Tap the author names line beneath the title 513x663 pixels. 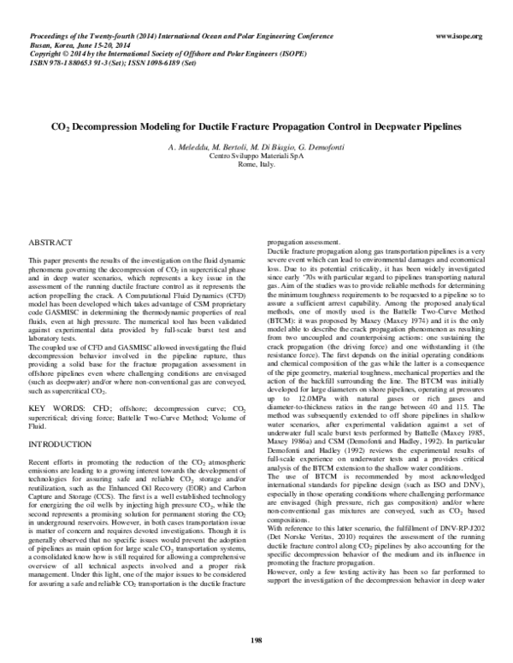256,148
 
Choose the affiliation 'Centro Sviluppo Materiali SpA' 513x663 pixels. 256,156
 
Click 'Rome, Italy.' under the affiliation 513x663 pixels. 256,165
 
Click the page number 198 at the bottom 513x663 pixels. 256,639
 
